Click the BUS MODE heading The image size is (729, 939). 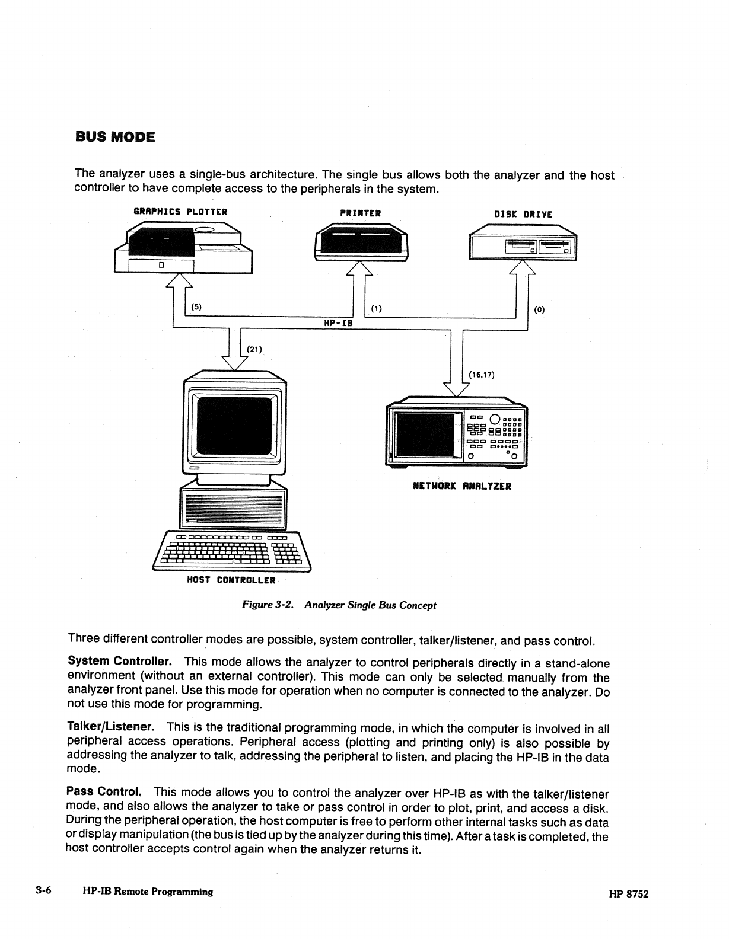pyautogui.click(x=114, y=138)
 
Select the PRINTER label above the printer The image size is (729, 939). pyautogui.click(x=360, y=213)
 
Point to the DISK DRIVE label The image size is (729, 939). pyautogui.click(x=523, y=215)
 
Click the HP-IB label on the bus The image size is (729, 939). pyautogui.click(x=338, y=323)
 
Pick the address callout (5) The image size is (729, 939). pyautogui.click(x=196, y=307)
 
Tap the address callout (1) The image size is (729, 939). pyautogui.click(x=376, y=308)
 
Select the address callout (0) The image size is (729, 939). pyautogui.click(x=539, y=309)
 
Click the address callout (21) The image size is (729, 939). pyautogui.click(x=254, y=349)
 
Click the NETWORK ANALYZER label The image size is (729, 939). pyautogui.click(x=461, y=486)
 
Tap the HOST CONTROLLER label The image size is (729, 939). pyautogui.click(x=231, y=580)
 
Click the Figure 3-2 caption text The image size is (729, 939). pyautogui.click(x=339, y=605)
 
